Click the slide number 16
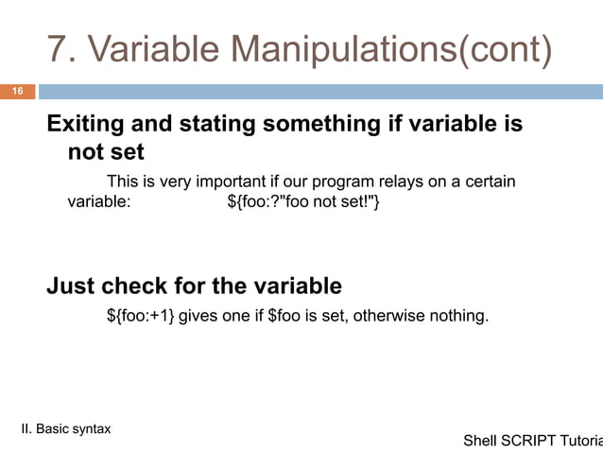(16, 91)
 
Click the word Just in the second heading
(71, 286)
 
